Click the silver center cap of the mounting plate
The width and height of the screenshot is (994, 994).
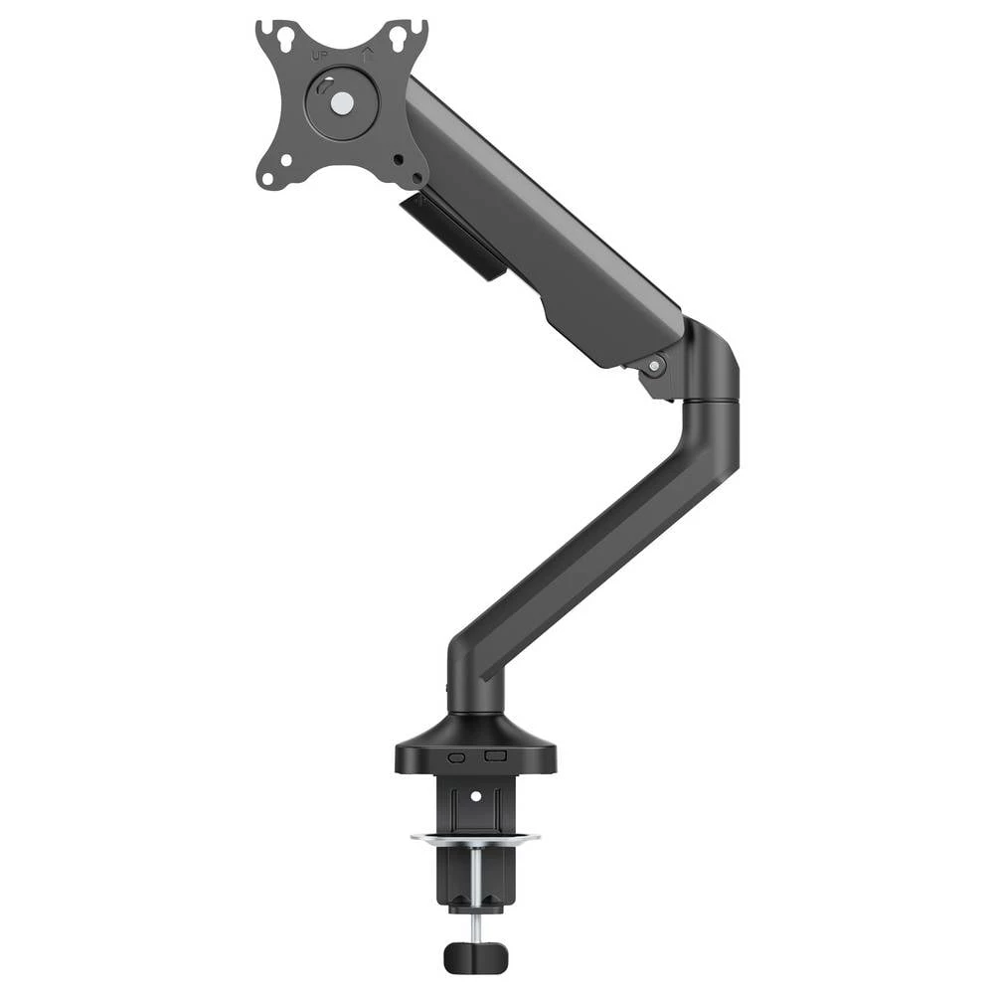point(340,101)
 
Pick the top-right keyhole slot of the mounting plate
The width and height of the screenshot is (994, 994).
point(399,38)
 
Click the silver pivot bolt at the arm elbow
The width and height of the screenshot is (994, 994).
point(653,366)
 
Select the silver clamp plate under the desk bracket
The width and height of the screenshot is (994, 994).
point(475,836)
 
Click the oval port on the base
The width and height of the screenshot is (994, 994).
point(457,756)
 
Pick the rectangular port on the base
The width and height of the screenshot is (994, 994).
point(493,755)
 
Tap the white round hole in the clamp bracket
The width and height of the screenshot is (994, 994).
point(475,796)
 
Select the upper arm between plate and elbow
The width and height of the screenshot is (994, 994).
point(537,219)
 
